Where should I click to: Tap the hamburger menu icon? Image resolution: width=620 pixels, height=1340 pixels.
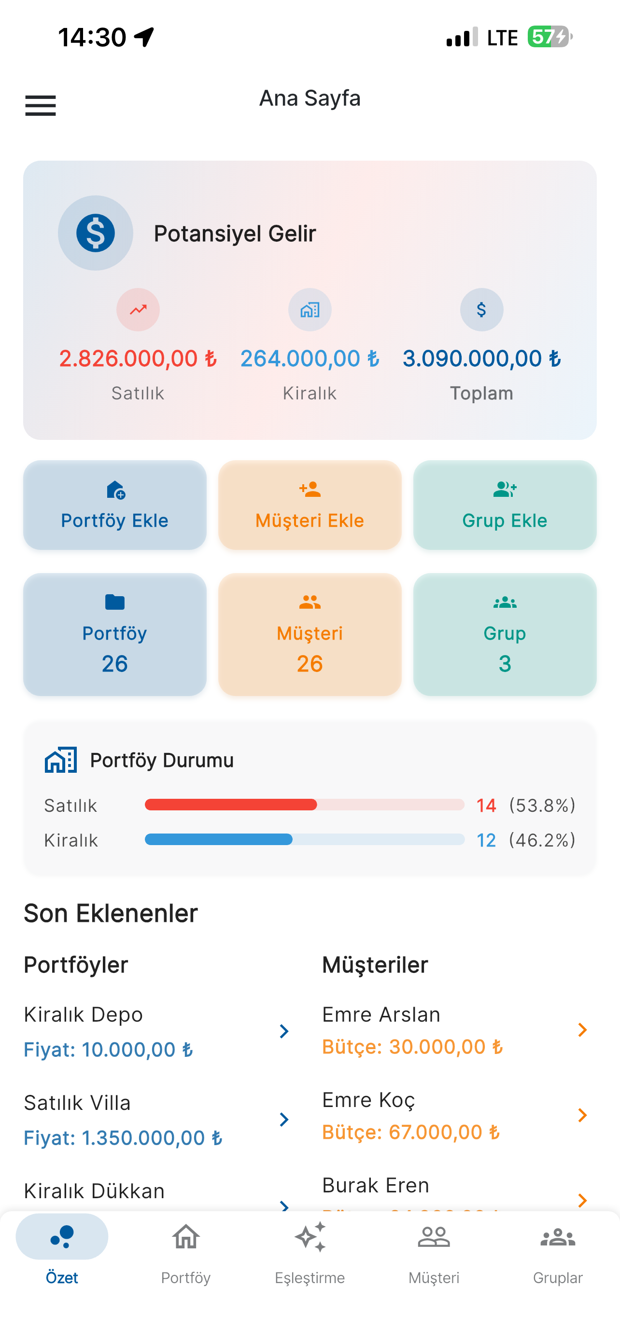tap(41, 106)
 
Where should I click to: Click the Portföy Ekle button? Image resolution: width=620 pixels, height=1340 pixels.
tap(114, 505)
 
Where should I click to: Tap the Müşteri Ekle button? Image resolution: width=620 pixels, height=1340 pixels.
tap(310, 505)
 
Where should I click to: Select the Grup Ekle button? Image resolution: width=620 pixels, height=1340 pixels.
tap(505, 505)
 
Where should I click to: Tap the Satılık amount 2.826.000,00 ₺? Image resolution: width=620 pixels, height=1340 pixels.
tap(138, 358)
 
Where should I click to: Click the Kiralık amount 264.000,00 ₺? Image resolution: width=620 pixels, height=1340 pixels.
tap(310, 358)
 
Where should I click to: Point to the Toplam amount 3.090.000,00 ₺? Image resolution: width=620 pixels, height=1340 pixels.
tap(481, 358)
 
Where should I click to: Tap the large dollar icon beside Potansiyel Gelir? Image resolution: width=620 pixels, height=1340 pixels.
tap(95, 233)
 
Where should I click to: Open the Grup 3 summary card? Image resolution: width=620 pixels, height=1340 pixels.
tap(505, 635)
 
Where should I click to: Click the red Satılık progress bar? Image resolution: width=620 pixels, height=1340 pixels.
tap(231, 805)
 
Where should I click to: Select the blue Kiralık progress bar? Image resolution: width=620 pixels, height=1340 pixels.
tap(219, 839)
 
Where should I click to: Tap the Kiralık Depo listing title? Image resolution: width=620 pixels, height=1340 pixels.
tap(83, 1014)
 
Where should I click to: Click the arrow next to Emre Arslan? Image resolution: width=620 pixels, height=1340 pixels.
tap(582, 1030)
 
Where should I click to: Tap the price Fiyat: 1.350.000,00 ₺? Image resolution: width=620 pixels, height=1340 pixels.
tap(123, 1137)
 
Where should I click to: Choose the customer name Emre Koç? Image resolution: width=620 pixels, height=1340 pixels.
tap(368, 1100)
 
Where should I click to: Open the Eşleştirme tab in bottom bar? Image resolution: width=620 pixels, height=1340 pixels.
tap(310, 1248)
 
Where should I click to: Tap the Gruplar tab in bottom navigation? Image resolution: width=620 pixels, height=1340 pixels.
tap(558, 1248)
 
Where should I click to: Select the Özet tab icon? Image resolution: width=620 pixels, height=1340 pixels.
tap(62, 1237)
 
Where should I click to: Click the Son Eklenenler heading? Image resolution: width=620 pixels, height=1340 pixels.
tap(111, 914)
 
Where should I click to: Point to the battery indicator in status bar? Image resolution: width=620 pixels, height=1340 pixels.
tap(550, 37)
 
